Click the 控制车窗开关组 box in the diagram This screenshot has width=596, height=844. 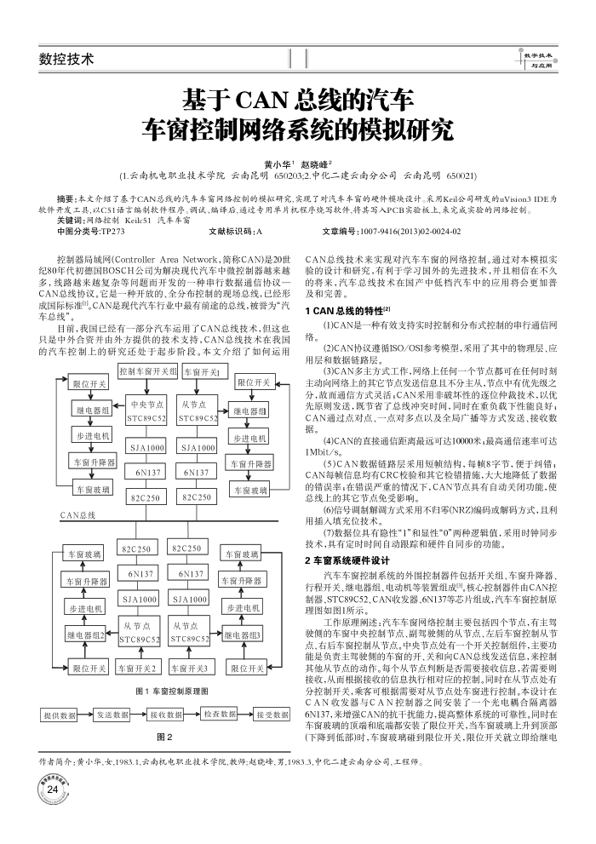[148, 371]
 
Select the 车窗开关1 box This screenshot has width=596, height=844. [203, 371]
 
